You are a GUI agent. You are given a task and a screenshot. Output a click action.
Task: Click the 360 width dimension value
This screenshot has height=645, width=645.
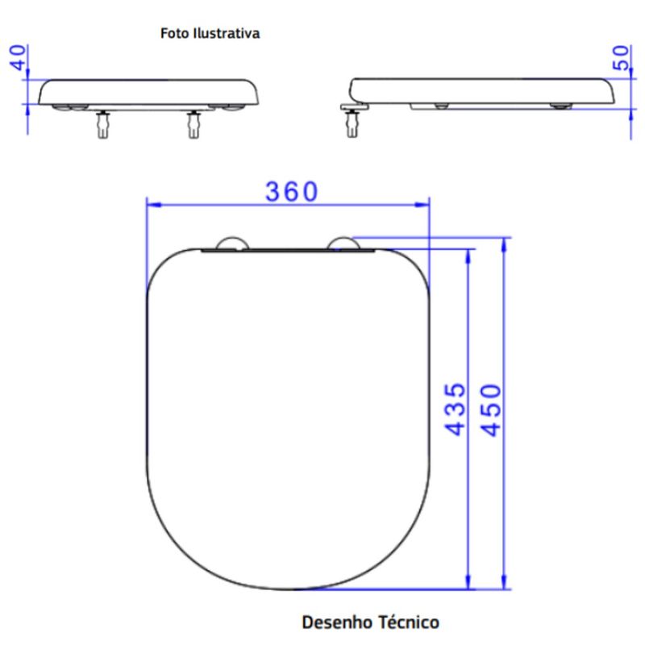[x=292, y=191]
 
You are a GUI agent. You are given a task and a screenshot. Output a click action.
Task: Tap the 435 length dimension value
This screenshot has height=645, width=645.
[x=456, y=410]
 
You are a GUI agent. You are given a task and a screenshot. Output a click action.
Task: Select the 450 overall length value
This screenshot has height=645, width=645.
[x=491, y=410]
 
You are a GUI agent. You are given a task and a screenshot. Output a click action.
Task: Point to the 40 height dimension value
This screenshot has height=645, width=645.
[x=18, y=57]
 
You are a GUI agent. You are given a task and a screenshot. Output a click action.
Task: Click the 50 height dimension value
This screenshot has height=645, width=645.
[x=621, y=57]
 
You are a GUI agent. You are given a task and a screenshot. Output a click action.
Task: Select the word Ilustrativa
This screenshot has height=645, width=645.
[x=228, y=33]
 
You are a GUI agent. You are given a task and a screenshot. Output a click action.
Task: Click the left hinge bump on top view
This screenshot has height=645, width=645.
[x=232, y=243]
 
